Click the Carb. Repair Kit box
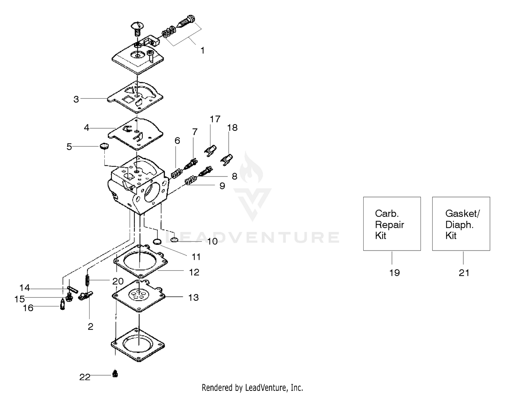coord(392,224)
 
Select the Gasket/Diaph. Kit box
coord(461,224)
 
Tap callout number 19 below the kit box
coord(394,273)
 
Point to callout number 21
coord(464,273)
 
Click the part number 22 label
coord(85,377)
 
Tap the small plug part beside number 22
coord(115,374)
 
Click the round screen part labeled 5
coord(104,146)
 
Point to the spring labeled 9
coord(191,180)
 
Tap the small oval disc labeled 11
coord(157,241)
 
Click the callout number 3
coord(76,99)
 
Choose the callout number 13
coord(193,298)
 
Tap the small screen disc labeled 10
coord(174,239)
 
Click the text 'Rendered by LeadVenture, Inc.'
coord(252,388)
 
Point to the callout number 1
coord(203,51)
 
